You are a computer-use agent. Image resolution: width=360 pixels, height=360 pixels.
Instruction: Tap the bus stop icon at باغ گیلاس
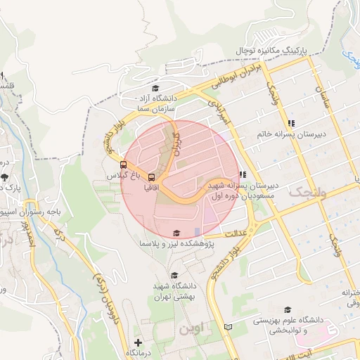click(124, 165)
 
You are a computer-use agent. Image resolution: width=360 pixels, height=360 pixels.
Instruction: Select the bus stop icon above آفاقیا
click(150, 178)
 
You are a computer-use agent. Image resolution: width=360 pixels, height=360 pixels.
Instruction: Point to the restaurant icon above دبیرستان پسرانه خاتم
click(291, 123)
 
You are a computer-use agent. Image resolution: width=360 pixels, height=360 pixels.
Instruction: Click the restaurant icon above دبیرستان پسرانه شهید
click(242, 174)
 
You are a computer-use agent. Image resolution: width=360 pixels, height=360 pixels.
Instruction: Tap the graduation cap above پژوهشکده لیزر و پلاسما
click(176, 233)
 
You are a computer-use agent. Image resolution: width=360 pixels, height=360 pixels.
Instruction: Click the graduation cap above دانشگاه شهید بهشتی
click(174, 275)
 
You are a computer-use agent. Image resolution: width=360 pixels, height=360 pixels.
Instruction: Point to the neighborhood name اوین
click(189, 328)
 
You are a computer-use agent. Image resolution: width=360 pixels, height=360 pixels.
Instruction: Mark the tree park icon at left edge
click(5, 177)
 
